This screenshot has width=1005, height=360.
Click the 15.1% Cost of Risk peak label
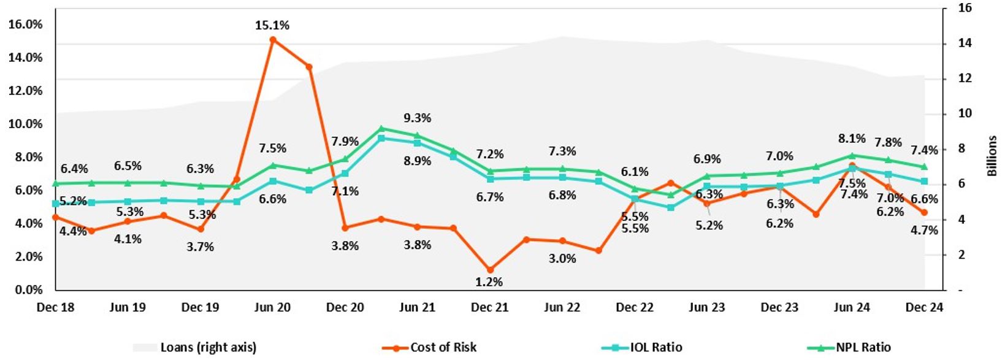pyautogui.click(x=272, y=25)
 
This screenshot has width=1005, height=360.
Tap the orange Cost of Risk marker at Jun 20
pyautogui.click(x=273, y=40)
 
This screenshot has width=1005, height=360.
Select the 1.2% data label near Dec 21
pyautogui.click(x=490, y=281)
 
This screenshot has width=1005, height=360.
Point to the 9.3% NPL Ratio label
pyautogui.click(x=418, y=118)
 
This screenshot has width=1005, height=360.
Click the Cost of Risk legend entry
pyautogui.click(x=443, y=347)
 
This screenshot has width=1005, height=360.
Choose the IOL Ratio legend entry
pyautogui.click(x=655, y=347)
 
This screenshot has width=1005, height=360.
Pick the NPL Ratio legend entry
pyautogui.click(x=863, y=347)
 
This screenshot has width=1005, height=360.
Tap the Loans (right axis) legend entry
pyautogui.click(x=208, y=347)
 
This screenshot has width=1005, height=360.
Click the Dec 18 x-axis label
pyautogui.click(x=55, y=307)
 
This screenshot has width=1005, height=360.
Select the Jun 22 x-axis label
pyautogui.click(x=562, y=307)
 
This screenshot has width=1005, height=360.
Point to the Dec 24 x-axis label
pyautogui.click(x=924, y=307)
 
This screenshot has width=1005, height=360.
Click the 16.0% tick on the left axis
pyautogui.click(x=26, y=25)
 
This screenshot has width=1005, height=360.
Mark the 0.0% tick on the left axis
pyautogui.click(x=28, y=289)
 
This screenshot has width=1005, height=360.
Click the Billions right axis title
pyautogui.click(x=992, y=156)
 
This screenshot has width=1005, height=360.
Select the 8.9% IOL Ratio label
pyautogui.click(x=418, y=161)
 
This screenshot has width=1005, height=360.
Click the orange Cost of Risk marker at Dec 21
pyautogui.click(x=490, y=270)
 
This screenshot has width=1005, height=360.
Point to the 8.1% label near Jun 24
pyautogui.click(x=852, y=139)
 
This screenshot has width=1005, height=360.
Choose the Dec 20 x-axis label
pyautogui.click(x=345, y=307)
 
